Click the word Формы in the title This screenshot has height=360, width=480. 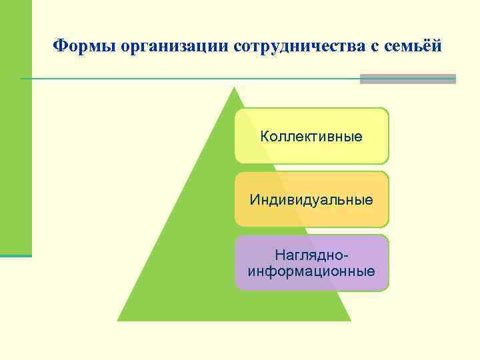click(75, 46)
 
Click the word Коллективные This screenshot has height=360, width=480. click(311, 137)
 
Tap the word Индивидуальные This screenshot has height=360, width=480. click(311, 199)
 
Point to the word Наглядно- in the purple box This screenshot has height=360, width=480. click(311, 255)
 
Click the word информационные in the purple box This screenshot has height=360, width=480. click(311, 271)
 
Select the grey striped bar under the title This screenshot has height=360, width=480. click(407, 79)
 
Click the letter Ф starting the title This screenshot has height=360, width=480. click(59, 46)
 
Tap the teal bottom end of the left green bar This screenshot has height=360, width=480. click(15, 255)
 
